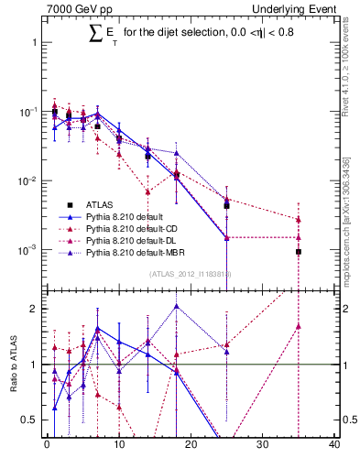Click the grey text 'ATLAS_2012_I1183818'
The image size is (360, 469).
click(x=189, y=273)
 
